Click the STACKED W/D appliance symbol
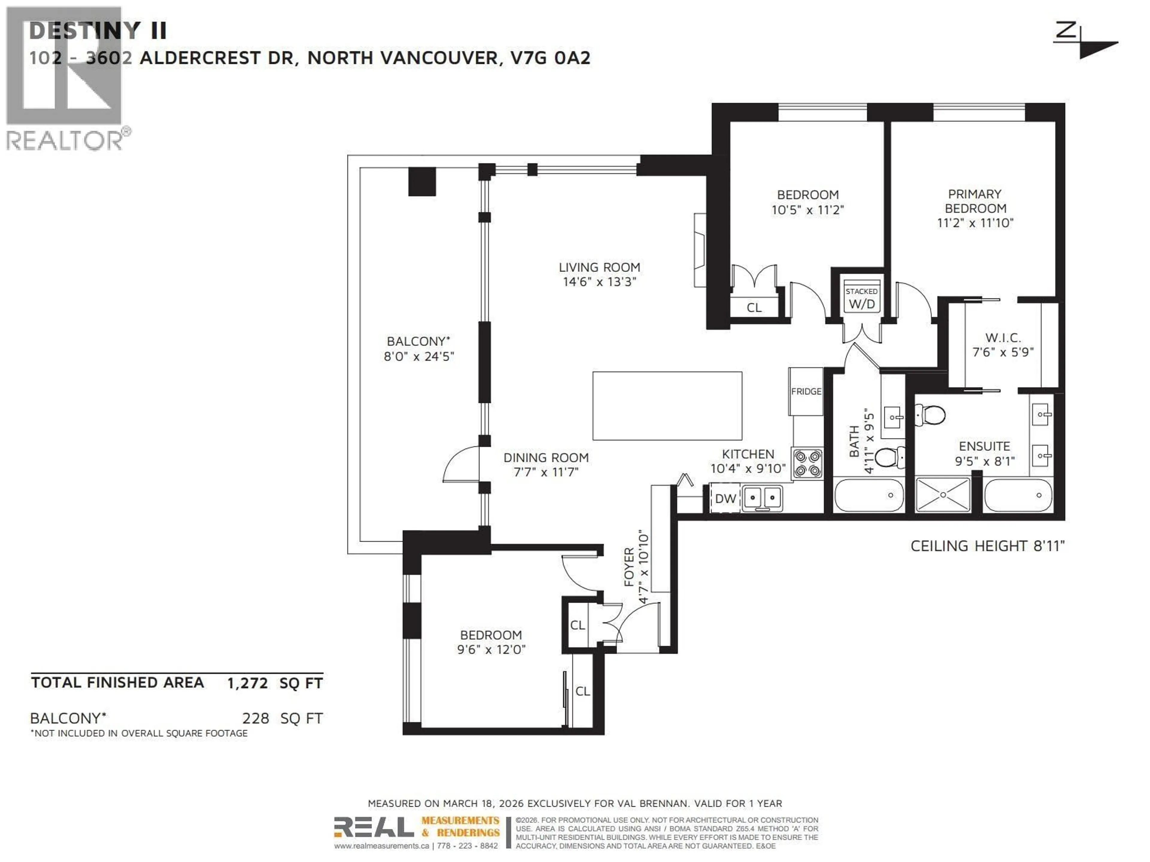[x=862, y=298]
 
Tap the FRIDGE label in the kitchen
[x=806, y=391]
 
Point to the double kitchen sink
[x=762, y=498]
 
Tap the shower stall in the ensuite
[x=942, y=495]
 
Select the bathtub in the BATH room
[x=869, y=495]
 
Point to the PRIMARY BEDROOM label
[x=975, y=201]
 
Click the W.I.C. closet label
[x=1003, y=338]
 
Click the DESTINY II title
[x=98, y=31]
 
